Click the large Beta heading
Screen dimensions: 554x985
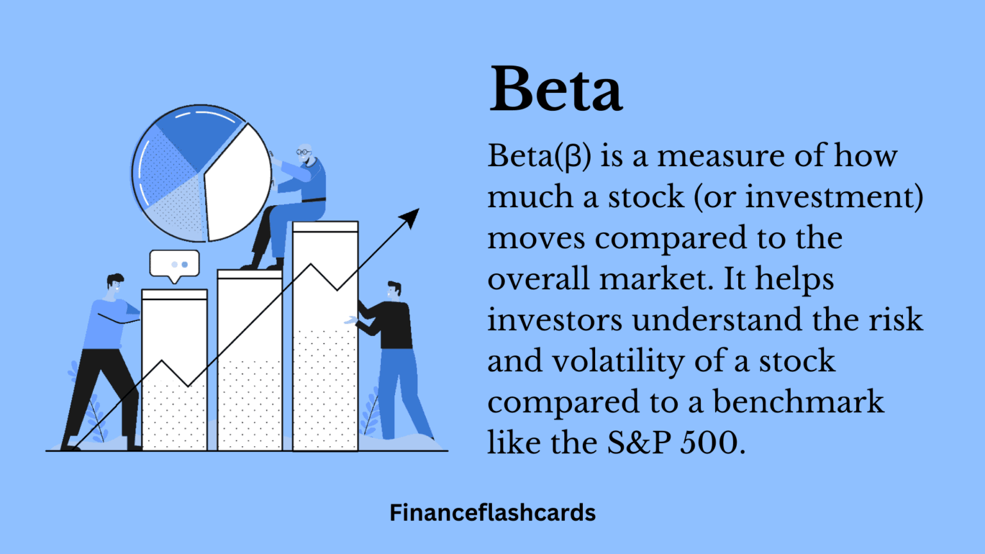pos(555,89)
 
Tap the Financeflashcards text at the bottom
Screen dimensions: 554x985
pos(492,513)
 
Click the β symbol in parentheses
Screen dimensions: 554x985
pos(573,156)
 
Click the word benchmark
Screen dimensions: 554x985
pos(798,402)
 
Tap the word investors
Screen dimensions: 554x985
pos(554,320)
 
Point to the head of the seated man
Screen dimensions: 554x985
pos(304,154)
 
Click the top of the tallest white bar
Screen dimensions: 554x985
pos(325,226)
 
